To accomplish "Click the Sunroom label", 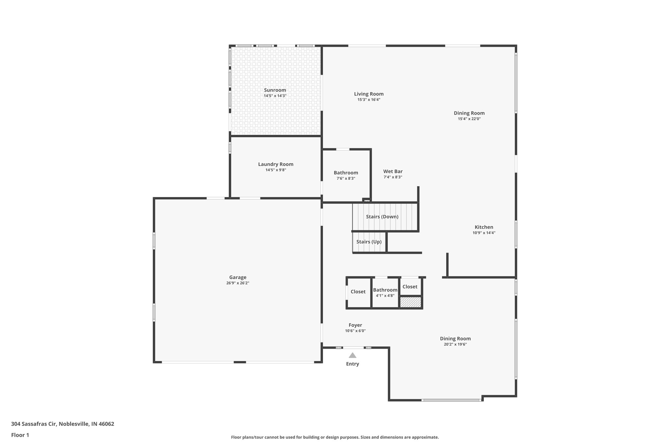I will click(x=275, y=90).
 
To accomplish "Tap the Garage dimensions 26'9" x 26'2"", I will click(x=238, y=283).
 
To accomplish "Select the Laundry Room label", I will click(x=275, y=164).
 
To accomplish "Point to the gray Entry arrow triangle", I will click(x=352, y=355).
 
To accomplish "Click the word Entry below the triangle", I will click(x=352, y=364).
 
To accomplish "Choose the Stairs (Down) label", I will click(x=382, y=217).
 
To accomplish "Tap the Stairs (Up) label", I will click(x=369, y=242).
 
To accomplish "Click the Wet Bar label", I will click(x=393, y=172).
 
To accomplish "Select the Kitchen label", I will click(x=484, y=227).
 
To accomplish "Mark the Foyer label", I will click(x=355, y=325).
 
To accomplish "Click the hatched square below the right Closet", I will click(x=411, y=302).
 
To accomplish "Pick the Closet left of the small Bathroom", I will click(x=358, y=292).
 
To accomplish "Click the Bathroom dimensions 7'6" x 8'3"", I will click(x=346, y=178).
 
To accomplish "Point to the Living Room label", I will click(x=369, y=94).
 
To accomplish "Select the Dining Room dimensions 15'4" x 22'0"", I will click(x=469, y=119).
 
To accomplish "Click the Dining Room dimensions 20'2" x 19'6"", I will click(x=455, y=344).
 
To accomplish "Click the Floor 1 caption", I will click(x=20, y=435).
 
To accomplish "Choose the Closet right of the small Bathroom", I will click(x=410, y=287).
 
